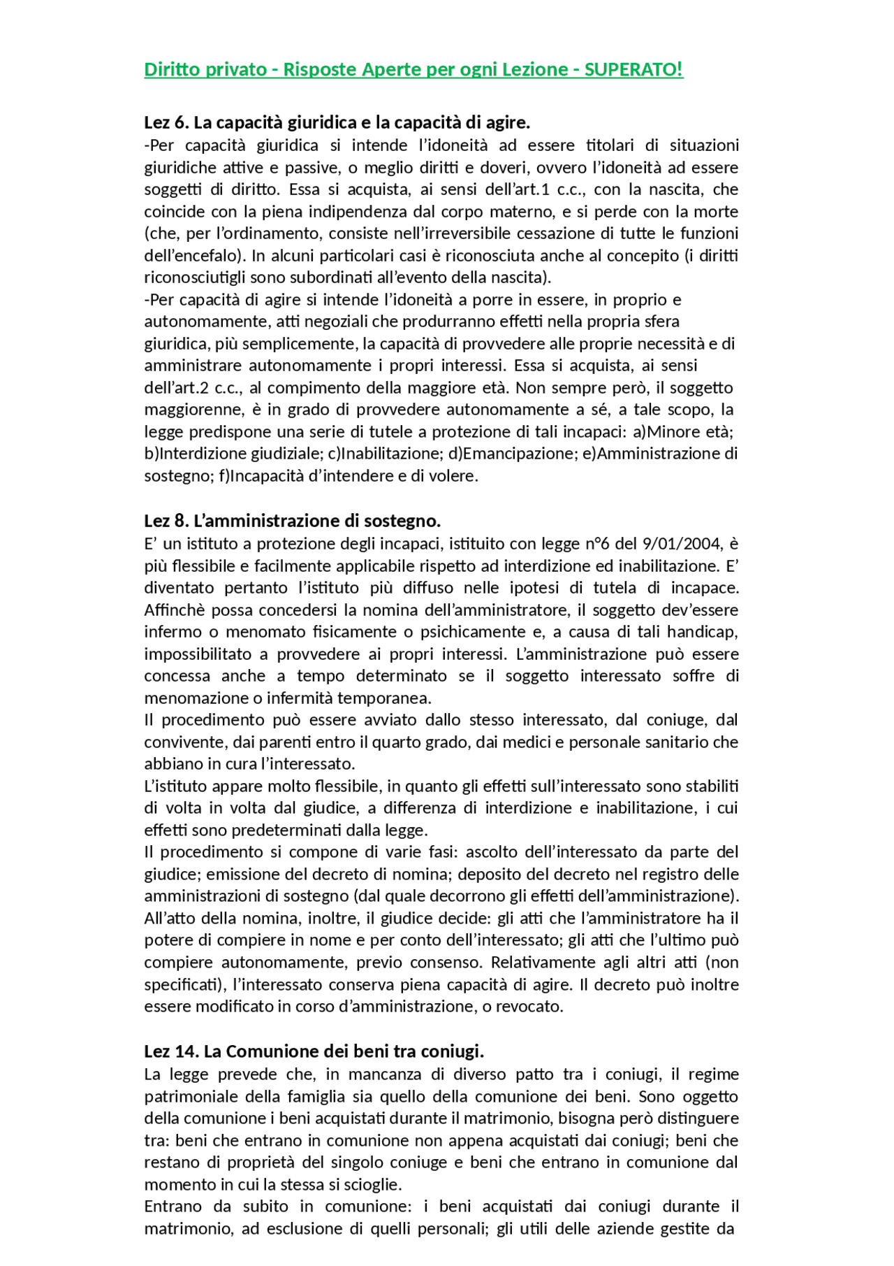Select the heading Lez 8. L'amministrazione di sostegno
point(292,521)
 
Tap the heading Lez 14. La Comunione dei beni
point(314,1051)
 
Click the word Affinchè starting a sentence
point(175,610)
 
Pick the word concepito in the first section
point(642,256)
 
